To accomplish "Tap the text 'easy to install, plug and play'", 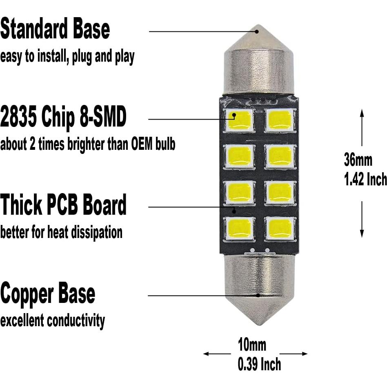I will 67,57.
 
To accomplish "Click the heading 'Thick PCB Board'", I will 63,205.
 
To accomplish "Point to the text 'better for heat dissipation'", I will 61,232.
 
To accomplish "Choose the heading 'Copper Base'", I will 48,294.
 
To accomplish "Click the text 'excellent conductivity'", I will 52,320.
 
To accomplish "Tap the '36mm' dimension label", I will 358,160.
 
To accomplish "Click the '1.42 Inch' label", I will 365,179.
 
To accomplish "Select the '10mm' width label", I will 252,345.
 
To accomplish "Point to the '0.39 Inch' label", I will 259,364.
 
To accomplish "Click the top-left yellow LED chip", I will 239,120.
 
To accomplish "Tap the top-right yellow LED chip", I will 280,120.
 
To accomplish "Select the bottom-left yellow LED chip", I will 239,228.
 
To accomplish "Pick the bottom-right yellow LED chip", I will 280,228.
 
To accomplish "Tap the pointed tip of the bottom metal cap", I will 258,323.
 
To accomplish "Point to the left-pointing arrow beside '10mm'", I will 207,354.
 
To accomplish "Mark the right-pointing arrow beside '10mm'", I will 304,354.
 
